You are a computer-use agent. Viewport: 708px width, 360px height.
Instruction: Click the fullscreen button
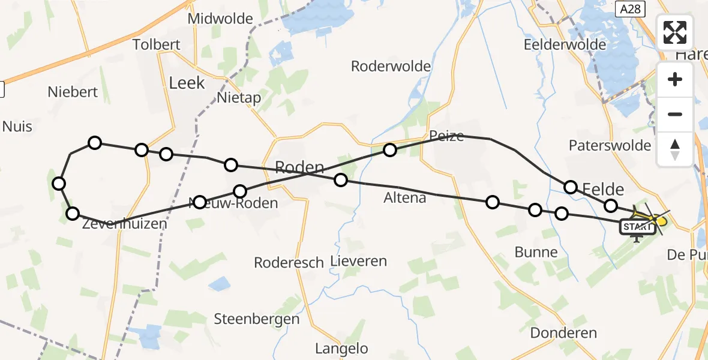[x=675, y=32]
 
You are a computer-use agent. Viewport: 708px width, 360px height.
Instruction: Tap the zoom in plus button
[x=675, y=79]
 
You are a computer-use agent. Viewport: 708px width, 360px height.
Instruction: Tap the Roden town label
[x=299, y=167]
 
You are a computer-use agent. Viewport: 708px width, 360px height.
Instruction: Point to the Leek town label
[x=187, y=83]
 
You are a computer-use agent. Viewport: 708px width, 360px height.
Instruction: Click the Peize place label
[x=446, y=136]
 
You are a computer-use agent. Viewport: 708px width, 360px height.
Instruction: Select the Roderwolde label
[x=391, y=66]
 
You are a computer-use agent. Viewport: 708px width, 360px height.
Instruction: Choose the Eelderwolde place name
[x=562, y=45]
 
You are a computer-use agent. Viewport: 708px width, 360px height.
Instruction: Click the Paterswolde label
[x=610, y=145]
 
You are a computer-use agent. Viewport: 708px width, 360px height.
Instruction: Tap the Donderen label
[x=564, y=333]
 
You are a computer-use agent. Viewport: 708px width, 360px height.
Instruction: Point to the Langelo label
[x=342, y=348]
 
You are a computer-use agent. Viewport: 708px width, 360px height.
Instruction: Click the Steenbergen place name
[x=257, y=319]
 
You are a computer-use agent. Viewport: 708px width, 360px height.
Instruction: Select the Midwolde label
[x=220, y=19]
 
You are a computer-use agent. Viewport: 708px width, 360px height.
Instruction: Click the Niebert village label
[x=73, y=92]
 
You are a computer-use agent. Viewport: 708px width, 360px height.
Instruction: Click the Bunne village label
[x=536, y=252]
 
